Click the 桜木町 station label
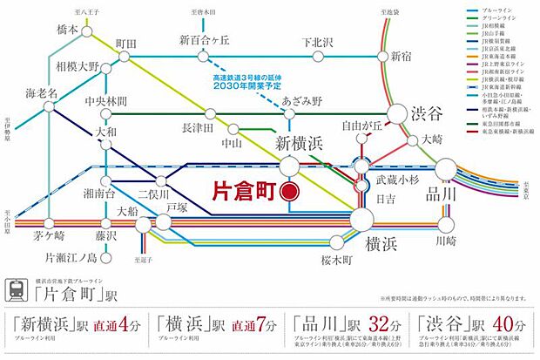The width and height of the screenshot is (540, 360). pos(334,260)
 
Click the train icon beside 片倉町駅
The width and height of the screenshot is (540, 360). pos(18,288)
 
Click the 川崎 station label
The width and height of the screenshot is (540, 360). pos(445,239)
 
